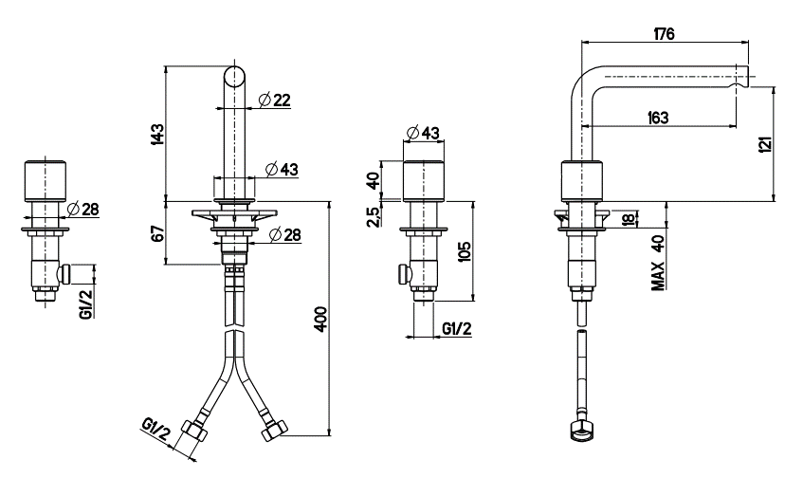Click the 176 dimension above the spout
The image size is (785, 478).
point(665,33)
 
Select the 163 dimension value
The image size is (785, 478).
point(658,118)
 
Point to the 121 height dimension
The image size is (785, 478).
point(766,145)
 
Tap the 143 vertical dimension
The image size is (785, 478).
point(157,135)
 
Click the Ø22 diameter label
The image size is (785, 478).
point(274,100)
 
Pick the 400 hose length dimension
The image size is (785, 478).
point(320,319)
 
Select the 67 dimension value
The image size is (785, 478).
point(158,234)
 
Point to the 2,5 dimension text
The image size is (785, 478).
point(374,216)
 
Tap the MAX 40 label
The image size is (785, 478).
point(659,263)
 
